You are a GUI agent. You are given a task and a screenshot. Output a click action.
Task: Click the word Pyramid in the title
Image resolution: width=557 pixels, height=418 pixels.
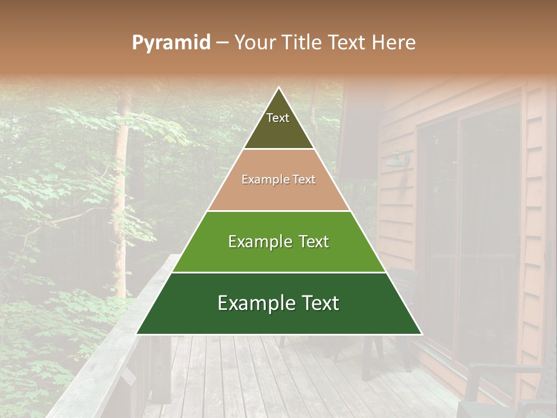(171, 43)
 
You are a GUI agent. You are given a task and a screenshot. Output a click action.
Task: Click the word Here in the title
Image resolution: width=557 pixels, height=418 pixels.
(393, 43)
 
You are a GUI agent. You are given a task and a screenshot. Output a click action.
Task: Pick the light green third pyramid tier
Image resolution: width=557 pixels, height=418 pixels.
(278, 255)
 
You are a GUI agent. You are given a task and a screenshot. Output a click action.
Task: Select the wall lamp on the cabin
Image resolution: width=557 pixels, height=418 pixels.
(399, 158)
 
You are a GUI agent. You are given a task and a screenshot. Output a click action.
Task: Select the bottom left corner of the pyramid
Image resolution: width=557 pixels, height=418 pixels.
(137, 334)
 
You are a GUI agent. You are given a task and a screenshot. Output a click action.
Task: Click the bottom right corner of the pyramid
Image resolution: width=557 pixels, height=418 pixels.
(421, 334)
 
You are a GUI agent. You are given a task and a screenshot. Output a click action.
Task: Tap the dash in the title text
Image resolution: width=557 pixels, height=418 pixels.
(222, 43)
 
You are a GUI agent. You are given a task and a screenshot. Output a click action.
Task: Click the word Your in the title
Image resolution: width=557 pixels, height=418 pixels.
(255, 43)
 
